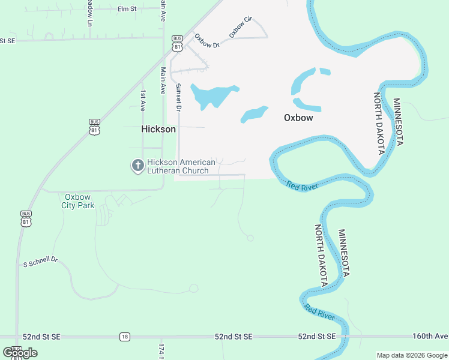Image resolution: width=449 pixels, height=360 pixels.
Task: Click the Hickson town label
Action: [158, 129]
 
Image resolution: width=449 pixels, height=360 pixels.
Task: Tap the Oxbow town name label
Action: [298, 118]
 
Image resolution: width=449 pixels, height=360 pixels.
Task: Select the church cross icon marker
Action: [137, 166]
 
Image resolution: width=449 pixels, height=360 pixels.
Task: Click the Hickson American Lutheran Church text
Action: [181, 166]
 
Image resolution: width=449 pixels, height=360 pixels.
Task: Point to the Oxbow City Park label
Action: [78, 200]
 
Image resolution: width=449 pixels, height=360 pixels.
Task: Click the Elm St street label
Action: [127, 9]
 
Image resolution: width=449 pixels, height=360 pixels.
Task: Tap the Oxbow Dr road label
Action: [207, 41]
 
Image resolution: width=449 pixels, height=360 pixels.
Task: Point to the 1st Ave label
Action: [143, 100]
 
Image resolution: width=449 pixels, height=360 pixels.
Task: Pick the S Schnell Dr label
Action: [40, 263]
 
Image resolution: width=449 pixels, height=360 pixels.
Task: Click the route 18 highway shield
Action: [124, 337]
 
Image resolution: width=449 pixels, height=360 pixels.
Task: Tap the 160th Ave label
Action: [430, 336]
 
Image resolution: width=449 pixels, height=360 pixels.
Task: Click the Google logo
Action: [20, 353]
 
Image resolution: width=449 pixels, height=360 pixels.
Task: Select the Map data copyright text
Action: [412, 355]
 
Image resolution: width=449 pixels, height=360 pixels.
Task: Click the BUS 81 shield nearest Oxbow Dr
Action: [176, 41]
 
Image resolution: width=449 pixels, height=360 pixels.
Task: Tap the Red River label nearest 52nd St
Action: [319, 312]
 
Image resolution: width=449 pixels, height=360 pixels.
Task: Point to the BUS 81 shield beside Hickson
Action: [94, 126]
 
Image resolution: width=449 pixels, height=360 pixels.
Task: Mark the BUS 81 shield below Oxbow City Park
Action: [26, 218]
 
